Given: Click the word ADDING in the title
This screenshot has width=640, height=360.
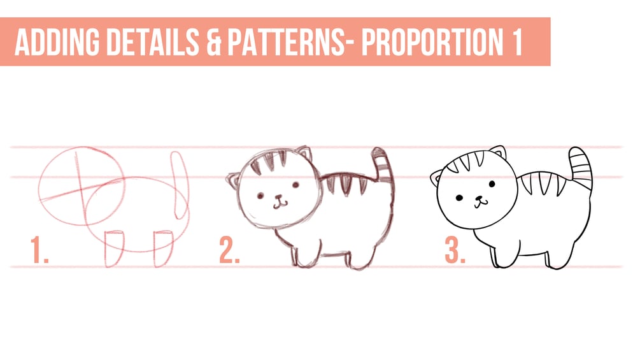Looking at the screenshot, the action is click(x=57, y=41).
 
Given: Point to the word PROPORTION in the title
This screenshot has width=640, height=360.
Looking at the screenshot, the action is click(x=432, y=41).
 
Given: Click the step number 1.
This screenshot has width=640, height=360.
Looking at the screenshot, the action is click(x=39, y=250).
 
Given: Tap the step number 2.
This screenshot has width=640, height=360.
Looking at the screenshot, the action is click(x=229, y=250).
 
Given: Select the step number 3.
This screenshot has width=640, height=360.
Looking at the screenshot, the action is click(x=455, y=250).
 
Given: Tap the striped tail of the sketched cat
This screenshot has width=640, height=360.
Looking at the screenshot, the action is click(x=383, y=165).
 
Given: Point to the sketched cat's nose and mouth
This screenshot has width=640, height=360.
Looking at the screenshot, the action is click(x=280, y=201).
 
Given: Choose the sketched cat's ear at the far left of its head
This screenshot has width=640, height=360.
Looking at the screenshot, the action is click(x=234, y=180).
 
